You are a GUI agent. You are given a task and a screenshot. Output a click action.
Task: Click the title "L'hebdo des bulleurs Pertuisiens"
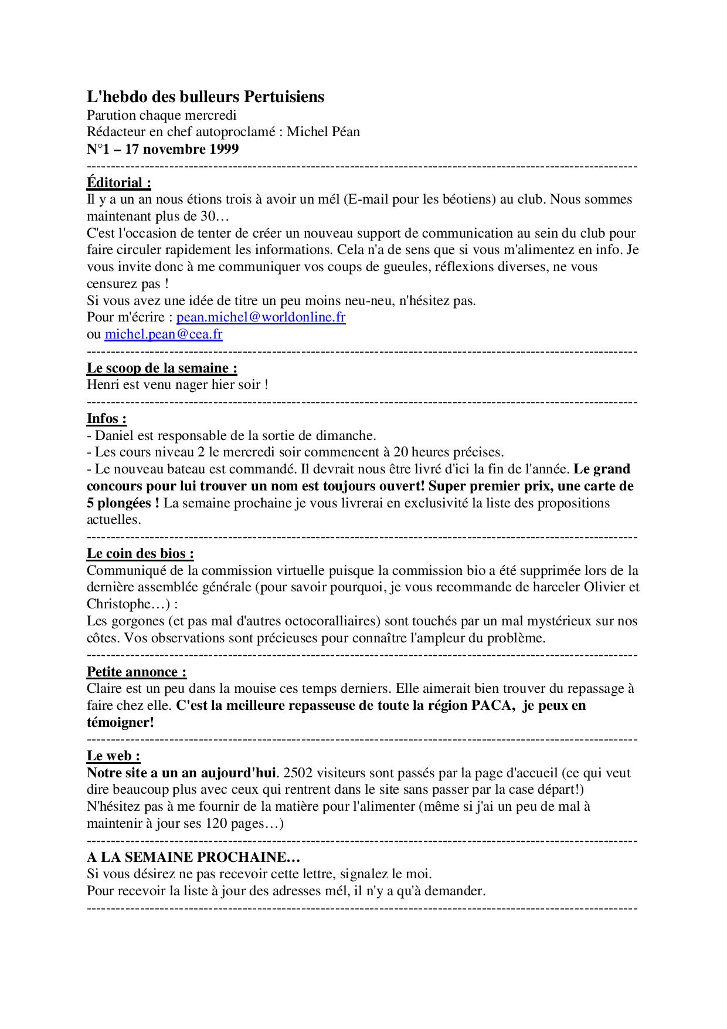pyautogui.click(x=205, y=97)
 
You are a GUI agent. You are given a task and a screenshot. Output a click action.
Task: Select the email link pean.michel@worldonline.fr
pyautogui.click(x=261, y=317)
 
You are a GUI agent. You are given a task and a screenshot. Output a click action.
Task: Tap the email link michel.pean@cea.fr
pyautogui.click(x=164, y=334)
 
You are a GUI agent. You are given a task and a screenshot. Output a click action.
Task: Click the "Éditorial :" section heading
pyautogui.click(x=119, y=182)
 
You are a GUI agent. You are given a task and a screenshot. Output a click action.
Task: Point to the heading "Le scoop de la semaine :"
pyautogui.click(x=162, y=368)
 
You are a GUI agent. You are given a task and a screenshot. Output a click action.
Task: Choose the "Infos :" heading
pyautogui.click(x=107, y=418)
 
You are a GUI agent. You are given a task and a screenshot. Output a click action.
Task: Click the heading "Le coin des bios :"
pyautogui.click(x=140, y=553)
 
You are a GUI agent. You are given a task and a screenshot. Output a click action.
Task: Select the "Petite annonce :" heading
pyautogui.click(x=137, y=672)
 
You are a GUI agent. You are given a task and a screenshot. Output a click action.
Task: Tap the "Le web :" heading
pyautogui.click(x=113, y=756)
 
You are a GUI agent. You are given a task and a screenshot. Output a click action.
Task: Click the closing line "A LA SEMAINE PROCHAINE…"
pyautogui.click(x=193, y=857)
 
